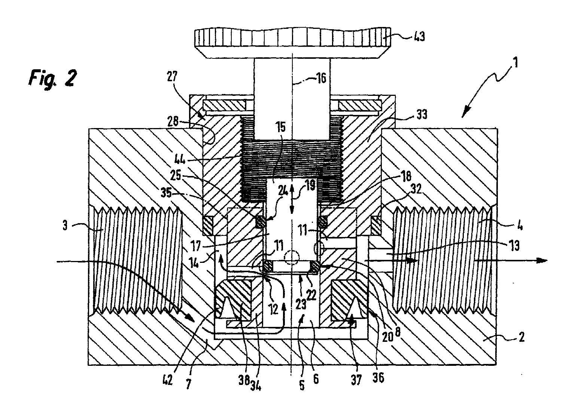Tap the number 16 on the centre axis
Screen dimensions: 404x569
pos(321,78)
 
